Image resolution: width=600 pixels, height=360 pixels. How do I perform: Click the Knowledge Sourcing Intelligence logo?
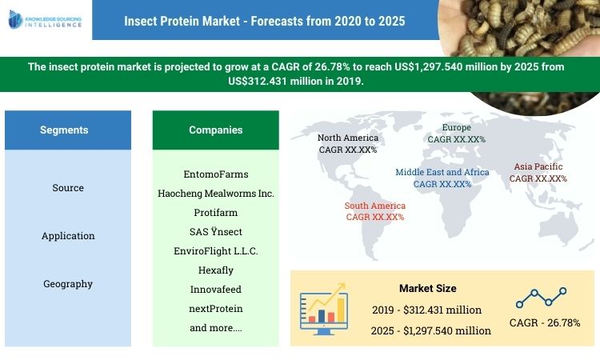coord(46,20)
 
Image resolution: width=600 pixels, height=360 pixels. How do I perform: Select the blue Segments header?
coord(64,130)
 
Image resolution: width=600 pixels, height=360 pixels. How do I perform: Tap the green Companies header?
coord(215,130)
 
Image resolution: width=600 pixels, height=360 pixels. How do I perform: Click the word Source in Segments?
coord(68,188)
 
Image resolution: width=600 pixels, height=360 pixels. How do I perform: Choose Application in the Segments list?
coord(68,236)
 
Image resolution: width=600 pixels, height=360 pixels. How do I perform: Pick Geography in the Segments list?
coord(68,284)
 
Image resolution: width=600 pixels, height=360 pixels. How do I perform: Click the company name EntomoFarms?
coord(216,174)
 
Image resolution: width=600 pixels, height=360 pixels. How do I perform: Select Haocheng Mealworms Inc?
coord(216,194)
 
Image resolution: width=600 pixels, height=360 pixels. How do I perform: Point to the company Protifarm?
coord(216,213)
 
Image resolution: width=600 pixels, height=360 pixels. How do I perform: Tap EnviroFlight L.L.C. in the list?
coord(216,251)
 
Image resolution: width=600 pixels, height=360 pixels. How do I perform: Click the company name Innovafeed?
coord(216,290)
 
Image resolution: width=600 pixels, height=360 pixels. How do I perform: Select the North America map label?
coord(348,143)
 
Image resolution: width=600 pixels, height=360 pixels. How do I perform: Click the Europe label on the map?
coord(457,133)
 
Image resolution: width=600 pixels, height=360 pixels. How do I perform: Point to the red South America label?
coord(375,211)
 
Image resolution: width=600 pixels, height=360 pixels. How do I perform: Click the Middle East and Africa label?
coord(442,178)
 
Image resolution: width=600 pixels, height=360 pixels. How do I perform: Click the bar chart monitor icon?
coord(324,310)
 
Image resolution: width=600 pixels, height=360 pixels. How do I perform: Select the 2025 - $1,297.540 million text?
coord(432,330)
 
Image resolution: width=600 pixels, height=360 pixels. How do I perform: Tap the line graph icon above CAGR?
coord(541,298)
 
